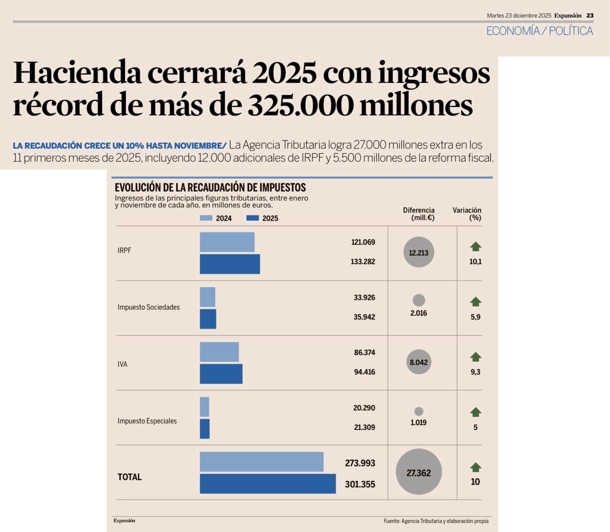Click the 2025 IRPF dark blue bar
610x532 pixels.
[230, 264]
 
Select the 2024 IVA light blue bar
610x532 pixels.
[219, 352]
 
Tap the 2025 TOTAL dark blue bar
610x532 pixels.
[267, 484]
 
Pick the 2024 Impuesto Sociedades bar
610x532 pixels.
[207, 297]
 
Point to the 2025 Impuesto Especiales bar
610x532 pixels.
[204, 429]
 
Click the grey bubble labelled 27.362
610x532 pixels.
[418, 472]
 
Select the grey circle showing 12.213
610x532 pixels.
[418, 252]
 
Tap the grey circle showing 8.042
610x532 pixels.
[418, 362]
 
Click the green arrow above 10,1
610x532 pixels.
[475, 247]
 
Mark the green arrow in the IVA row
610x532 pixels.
[475, 357]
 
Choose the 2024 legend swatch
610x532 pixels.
[206, 218]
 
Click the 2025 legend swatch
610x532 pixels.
[253, 218]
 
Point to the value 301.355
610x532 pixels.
[360, 484]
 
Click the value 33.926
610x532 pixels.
[364, 298]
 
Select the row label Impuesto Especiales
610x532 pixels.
[147, 421]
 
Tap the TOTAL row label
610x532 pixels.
[130, 477]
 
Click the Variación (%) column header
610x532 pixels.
[467, 214]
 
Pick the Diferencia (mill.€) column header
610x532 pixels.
[419, 214]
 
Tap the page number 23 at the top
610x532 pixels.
[590, 16]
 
